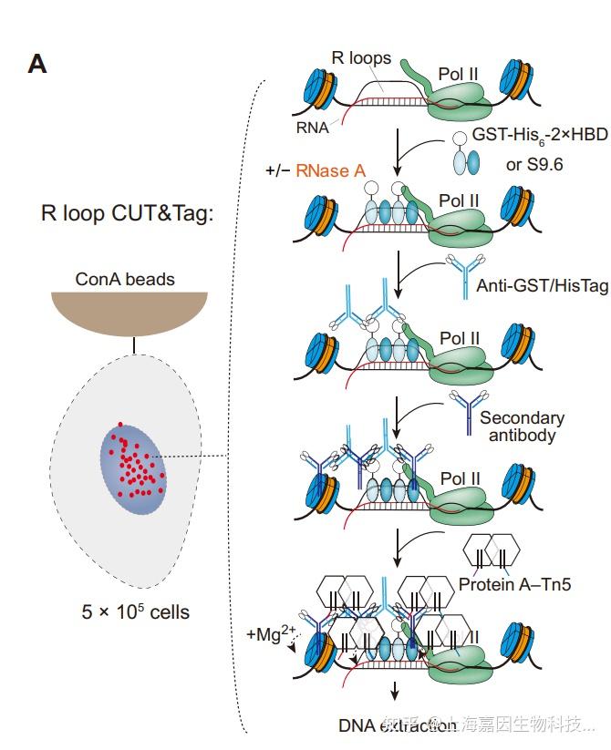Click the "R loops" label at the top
pos(362,58)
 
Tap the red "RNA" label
pos(312,128)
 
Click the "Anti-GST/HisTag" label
pos(542,286)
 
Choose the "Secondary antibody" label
pos(522,426)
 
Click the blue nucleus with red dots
pos(134,466)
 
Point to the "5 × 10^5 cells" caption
pos(135,611)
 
